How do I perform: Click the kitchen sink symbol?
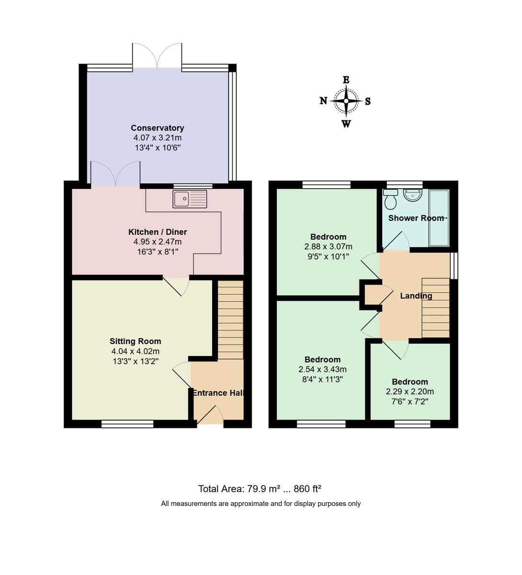pos(190,199)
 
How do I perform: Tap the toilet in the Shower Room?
pos(391,200)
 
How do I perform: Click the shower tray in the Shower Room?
pos(439,218)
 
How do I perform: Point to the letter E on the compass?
pos(346,80)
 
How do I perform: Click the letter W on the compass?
pos(346,124)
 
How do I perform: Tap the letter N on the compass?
pos(324,101)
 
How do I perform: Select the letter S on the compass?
pos(368,101)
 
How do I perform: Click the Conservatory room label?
pos(157,128)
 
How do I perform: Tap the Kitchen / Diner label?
pos(157,232)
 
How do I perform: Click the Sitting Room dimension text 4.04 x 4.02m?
pos(135,351)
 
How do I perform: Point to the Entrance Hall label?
pos(218,393)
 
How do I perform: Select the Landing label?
pos(416,296)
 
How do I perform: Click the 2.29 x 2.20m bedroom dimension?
pos(409,391)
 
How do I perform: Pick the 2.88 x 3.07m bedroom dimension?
pos(328,247)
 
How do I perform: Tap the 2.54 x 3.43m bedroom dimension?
pos(322,369)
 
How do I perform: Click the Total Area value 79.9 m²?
pos(263,489)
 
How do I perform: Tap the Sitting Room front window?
pos(127,424)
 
